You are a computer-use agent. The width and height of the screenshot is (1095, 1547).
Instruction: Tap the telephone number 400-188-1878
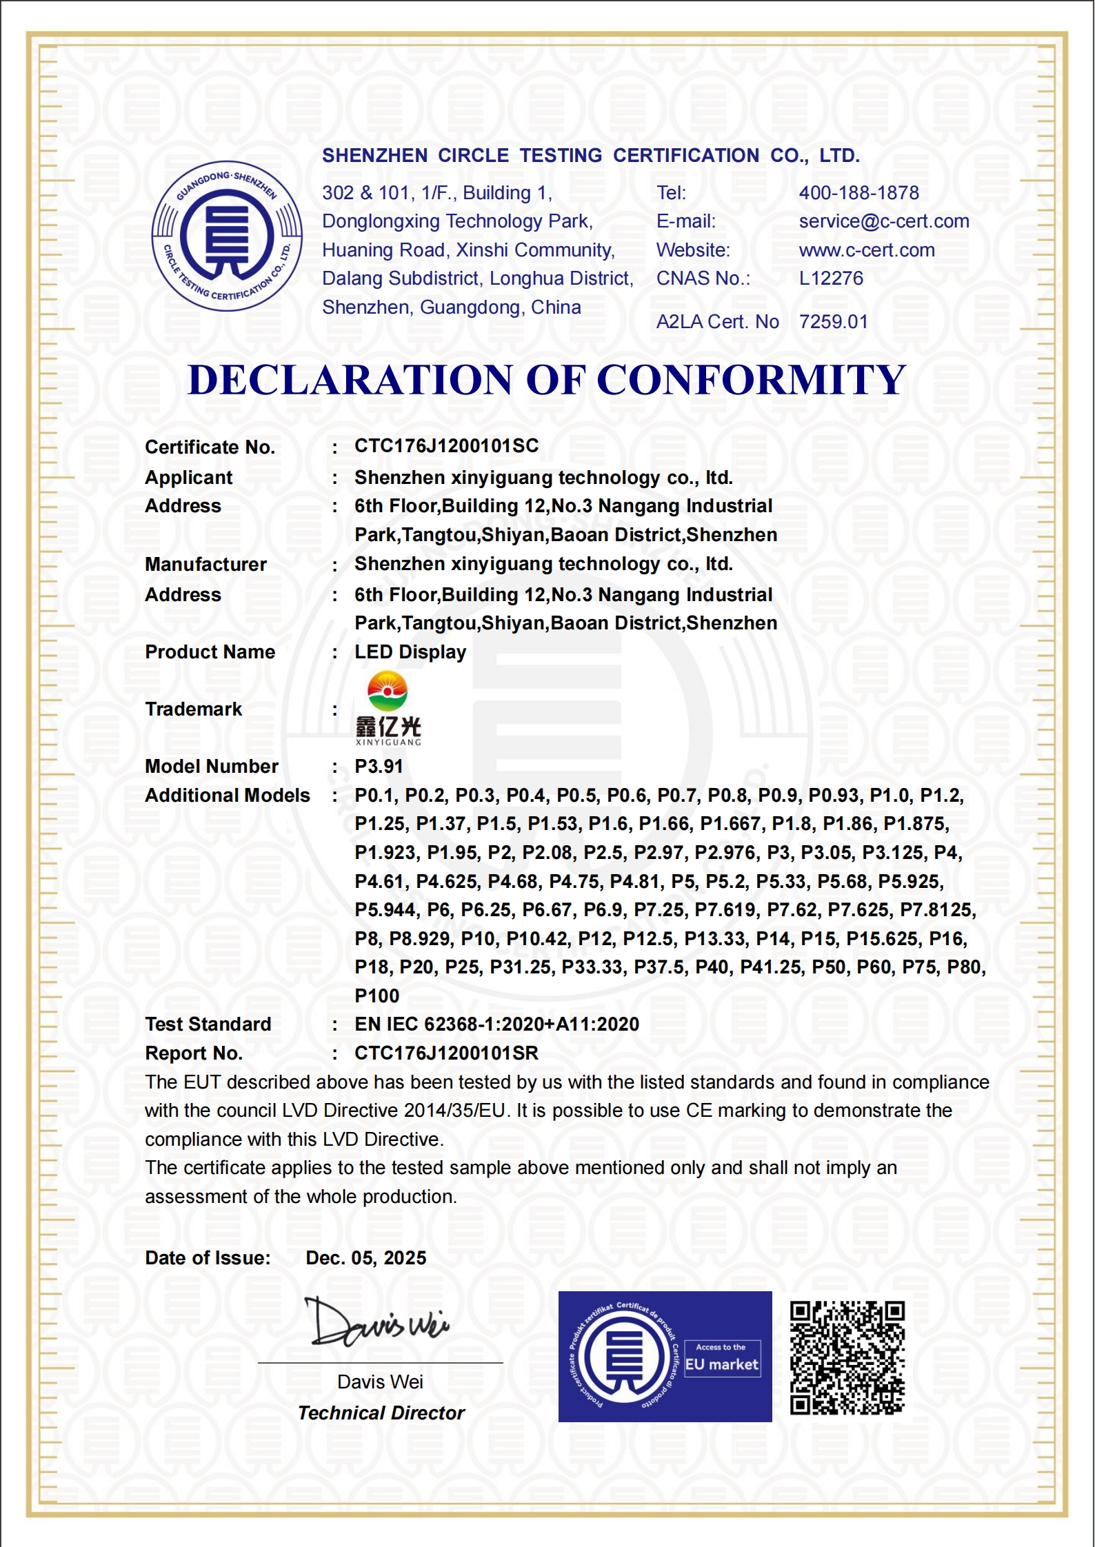[x=858, y=193]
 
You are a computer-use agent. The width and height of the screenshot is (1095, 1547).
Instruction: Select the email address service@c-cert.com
[x=884, y=221]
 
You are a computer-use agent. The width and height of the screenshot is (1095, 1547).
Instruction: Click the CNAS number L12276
[x=831, y=279]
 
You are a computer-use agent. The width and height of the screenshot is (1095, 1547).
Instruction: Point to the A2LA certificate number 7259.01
[x=833, y=322]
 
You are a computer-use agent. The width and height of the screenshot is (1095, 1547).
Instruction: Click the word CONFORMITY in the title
[x=750, y=380]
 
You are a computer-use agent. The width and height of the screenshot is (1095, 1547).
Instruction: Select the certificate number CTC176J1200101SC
[x=446, y=446]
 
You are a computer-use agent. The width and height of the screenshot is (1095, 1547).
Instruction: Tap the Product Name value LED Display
[x=410, y=652]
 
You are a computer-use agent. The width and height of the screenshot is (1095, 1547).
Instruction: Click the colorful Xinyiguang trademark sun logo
[x=388, y=691]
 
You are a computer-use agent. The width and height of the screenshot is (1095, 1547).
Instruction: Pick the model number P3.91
[x=379, y=767]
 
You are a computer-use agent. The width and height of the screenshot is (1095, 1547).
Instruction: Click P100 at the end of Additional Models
[x=376, y=996]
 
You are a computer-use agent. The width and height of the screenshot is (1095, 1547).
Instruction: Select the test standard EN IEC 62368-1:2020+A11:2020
[x=496, y=1024]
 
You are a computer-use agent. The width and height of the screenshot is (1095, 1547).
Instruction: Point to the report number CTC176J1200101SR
[x=446, y=1053]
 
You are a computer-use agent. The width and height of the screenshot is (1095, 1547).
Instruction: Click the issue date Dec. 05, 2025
[x=365, y=1258]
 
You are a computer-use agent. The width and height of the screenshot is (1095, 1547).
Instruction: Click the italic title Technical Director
[x=381, y=1413]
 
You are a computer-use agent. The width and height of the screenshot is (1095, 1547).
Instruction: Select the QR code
[x=847, y=1357]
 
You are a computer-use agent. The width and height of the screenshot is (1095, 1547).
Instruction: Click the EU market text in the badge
[x=721, y=1364]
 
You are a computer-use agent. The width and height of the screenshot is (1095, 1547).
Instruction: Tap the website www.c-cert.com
[x=867, y=250]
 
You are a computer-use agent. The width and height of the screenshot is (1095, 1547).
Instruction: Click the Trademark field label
[x=193, y=709]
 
